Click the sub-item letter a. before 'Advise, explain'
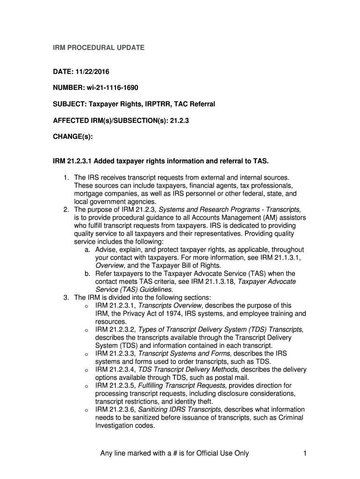(88, 250)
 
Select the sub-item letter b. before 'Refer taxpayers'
(88, 274)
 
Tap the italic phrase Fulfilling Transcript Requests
(182, 385)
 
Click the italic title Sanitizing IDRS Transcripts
(180, 409)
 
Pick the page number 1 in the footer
(304, 453)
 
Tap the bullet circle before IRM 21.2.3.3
(87, 355)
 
